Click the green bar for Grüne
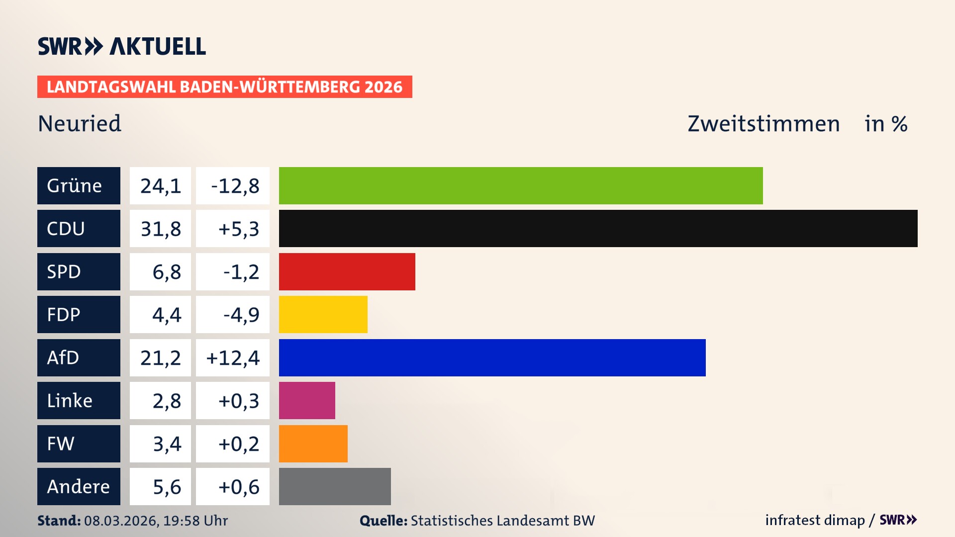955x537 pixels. pyautogui.click(x=520, y=185)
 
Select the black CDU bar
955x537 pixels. pyautogui.click(x=598, y=229)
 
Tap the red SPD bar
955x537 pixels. pyautogui.click(x=347, y=271)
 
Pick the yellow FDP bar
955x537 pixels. pyautogui.click(x=323, y=315)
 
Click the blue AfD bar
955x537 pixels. pyautogui.click(x=492, y=358)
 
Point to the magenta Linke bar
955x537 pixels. pyautogui.click(x=307, y=401)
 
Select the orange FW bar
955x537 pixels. pyautogui.click(x=313, y=444)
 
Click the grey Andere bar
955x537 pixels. pyautogui.click(x=335, y=486)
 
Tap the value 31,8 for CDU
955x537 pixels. pyautogui.click(x=161, y=229)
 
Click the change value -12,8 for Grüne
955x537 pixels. pyautogui.click(x=235, y=186)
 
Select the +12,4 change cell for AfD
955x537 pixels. pyautogui.click(x=233, y=358)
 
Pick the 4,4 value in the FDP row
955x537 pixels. pyautogui.click(x=166, y=315)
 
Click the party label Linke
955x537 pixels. pyautogui.click(x=70, y=401)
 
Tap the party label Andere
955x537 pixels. pyautogui.click(x=78, y=486)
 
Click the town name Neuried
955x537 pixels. pyautogui.click(x=80, y=123)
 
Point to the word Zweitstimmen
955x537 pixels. pyautogui.click(x=764, y=124)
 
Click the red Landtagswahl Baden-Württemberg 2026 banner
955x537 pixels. pyautogui.click(x=224, y=87)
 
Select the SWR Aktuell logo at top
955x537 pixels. pyautogui.click(x=122, y=46)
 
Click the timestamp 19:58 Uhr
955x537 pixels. pyautogui.click(x=195, y=521)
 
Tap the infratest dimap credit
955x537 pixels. pyautogui.click(x=814, y=520)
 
